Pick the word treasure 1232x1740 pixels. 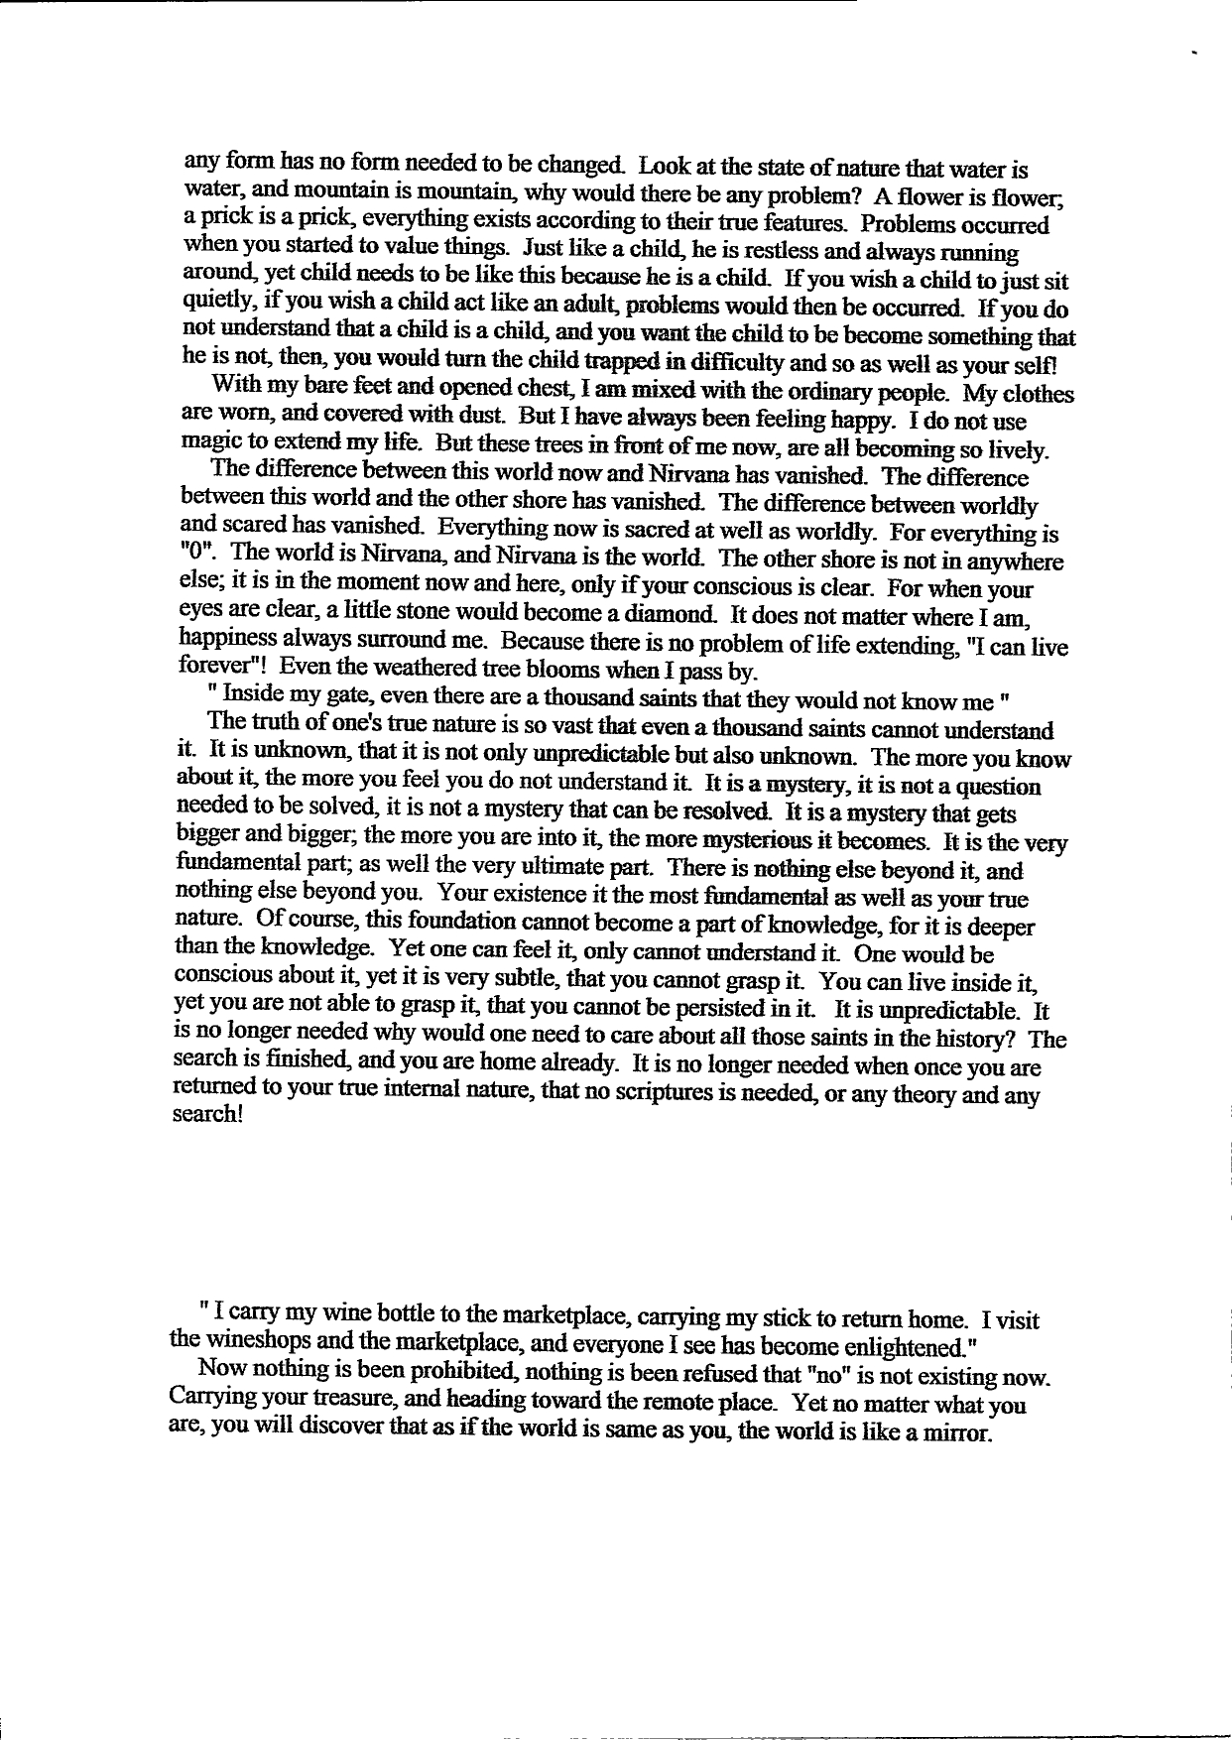coord(328,1404)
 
